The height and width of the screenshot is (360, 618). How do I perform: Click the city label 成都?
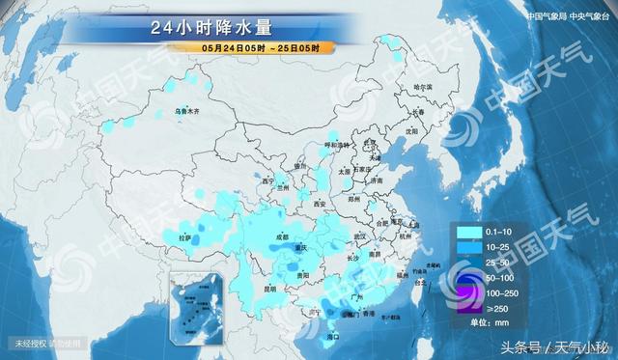click(281, 235)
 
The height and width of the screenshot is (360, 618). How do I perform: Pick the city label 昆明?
click(270, 288)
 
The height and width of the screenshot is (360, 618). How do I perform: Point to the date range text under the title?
click(256, 47)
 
